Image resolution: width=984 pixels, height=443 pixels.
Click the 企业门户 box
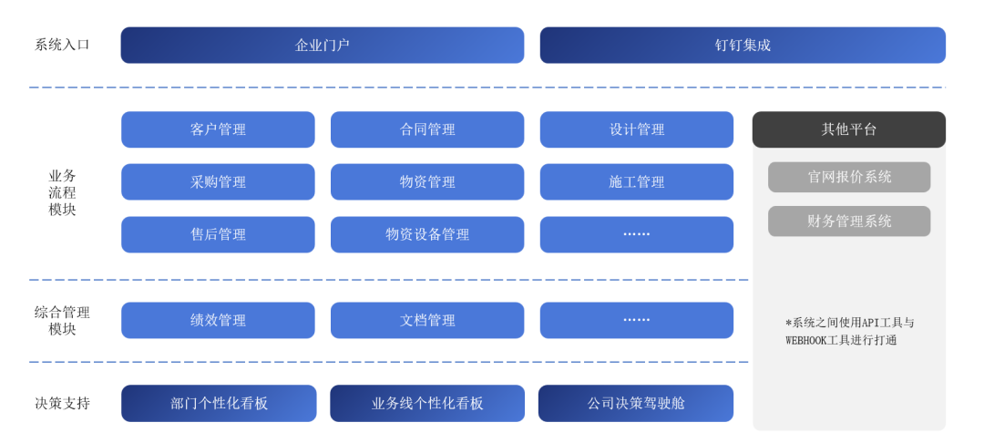pos(322,45)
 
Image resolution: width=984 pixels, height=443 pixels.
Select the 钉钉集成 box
pos(743,45)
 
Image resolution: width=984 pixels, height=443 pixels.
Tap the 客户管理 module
pos(218,129)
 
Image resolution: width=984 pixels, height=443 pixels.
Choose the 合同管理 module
pos(427,129)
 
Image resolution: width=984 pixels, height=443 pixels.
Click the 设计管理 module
pos(637,129)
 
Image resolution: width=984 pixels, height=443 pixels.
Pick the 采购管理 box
pos(218,182)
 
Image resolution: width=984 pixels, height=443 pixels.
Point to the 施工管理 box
pos(637,182)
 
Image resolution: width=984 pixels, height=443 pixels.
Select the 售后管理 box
pos(218,234)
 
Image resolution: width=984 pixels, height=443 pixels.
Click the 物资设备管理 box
pos(427,234)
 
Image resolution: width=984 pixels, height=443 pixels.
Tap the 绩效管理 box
pos(218,320)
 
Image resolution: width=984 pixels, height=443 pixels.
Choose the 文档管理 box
pos(427,320)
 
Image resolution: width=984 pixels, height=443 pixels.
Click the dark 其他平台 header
pos(848,129)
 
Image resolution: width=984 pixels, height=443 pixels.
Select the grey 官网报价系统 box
pos(848,177)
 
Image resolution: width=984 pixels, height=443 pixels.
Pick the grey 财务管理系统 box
pos(848,221)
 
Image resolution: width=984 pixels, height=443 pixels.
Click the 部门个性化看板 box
pos(219,403)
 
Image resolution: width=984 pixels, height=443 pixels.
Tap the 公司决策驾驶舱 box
pos(636,403)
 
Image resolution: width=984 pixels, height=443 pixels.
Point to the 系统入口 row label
pos(62,45)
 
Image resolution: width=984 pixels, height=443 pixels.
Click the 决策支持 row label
pos(62,403)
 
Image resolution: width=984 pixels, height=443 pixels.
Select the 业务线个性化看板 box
pos(427,403)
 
